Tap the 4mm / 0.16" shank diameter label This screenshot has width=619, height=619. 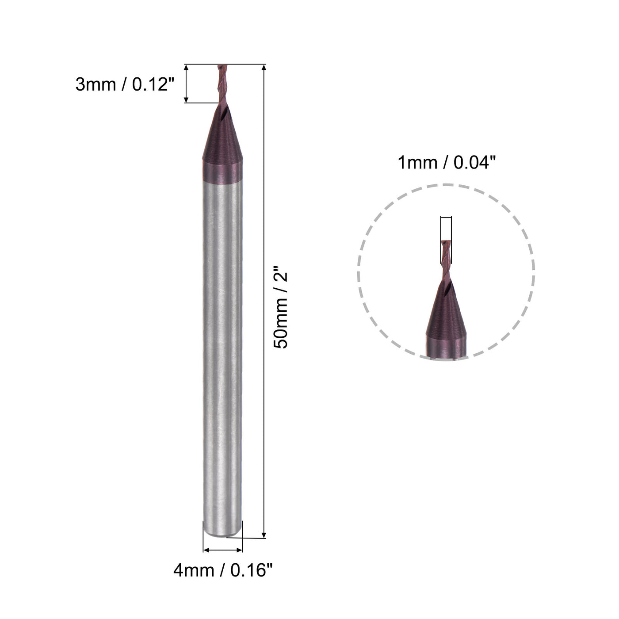coord(222,570)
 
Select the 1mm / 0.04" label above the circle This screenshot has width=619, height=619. coord(445,163)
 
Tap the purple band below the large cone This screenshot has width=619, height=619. coord(222,172)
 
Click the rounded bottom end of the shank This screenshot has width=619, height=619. coord(222,533)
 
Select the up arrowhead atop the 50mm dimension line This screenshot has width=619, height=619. coord(264,68)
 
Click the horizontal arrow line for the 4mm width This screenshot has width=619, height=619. coord(222,550)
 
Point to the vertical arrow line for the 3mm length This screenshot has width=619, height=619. coord(186,84)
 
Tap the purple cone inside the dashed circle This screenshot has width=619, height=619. coord(446,314)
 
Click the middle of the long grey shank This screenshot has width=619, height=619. coord(222,354)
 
